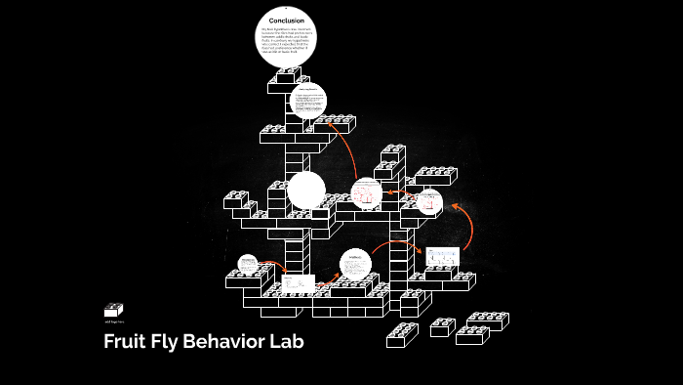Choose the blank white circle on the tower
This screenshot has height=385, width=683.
[306, 190]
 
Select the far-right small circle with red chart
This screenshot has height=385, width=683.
[429, 203]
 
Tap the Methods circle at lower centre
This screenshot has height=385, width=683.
[356, 264]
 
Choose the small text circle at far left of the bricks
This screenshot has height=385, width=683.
[249, 264]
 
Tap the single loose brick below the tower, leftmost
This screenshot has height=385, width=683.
[401, 335]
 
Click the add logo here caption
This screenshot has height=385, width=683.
[114, 321]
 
